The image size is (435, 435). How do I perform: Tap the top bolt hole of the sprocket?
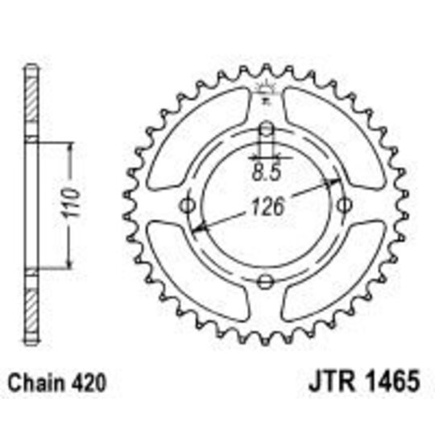click(x=266, y=131)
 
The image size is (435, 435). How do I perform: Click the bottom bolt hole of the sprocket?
click(x=266, y=280)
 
